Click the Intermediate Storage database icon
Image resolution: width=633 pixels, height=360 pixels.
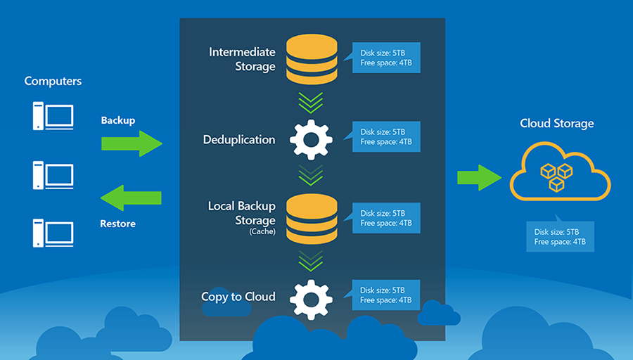point(311,58)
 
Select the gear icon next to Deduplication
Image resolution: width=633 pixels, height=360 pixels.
point(311,139)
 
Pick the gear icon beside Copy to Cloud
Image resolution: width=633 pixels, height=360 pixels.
point(311,298)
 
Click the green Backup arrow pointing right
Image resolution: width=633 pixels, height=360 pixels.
point(132,143)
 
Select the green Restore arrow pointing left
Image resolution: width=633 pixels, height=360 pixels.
point(132,198)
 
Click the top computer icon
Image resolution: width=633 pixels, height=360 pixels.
point(53,115)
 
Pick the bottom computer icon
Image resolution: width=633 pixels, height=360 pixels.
point(53,231)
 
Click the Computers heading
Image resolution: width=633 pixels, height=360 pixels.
point(53,81)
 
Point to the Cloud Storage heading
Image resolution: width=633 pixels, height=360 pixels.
point(556,123)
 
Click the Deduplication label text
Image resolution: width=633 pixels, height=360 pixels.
point(239,139)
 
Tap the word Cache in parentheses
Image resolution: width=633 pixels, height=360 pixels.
point(262,231)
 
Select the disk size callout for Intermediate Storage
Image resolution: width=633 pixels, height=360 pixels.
point(386,58)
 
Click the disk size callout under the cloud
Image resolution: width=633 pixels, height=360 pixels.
point(560,237)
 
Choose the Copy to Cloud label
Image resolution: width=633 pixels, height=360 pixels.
point(238,296)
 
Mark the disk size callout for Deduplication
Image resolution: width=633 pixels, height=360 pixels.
point(386,136)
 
